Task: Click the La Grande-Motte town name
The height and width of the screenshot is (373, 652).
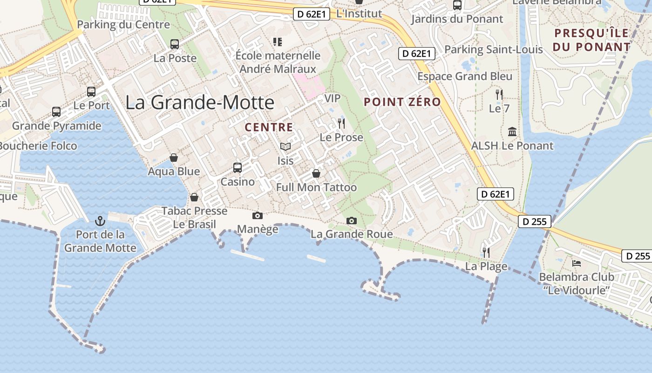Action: (200, 103)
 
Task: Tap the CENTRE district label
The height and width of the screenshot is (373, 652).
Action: (269, 127)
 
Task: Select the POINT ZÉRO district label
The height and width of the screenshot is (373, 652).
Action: (402, 102)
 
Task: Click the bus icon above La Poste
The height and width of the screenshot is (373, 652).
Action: (175, 44)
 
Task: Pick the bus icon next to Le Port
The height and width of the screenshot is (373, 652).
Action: (91, 91)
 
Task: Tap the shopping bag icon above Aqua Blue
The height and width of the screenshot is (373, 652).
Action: (174, 158)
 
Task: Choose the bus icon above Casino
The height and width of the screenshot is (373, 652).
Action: (238, 167)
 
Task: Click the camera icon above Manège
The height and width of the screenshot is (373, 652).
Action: (257, 215)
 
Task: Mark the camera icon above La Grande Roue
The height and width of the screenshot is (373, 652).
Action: (352, 221)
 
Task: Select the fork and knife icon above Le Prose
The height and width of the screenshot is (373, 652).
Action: (341, 124)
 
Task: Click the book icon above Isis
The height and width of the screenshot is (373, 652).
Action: (285, 147)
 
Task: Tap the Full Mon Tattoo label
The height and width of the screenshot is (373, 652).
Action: (316, 187)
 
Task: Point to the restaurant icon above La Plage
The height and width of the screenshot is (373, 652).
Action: (486, 253)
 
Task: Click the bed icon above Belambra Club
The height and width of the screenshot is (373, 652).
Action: (577, 263)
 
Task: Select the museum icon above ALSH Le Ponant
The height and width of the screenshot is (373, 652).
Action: (512, 132)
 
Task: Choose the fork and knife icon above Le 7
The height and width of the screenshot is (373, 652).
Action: (499, 95)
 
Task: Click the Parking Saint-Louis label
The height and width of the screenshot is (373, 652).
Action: (494, 49)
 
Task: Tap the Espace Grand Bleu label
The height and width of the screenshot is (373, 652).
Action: (465, 76)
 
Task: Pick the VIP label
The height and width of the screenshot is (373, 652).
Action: (332, 98)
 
